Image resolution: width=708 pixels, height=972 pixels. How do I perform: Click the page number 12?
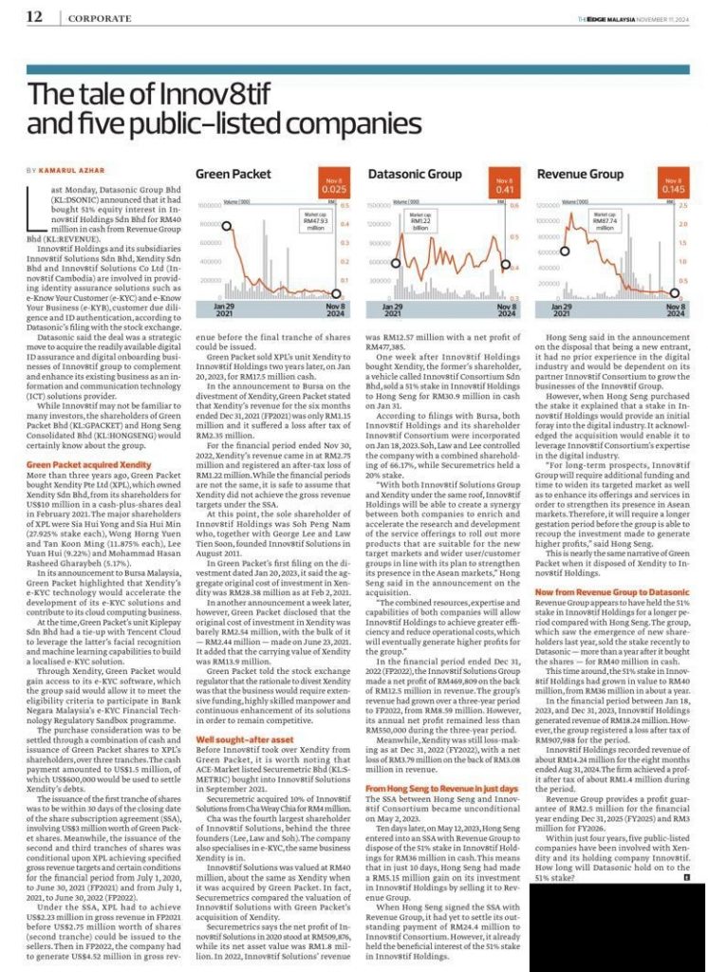(x=34, y=17)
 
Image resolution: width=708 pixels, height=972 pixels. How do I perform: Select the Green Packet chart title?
(x=229, y=174)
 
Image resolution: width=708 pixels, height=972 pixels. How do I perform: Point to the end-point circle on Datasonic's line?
(x=513, y=269)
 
